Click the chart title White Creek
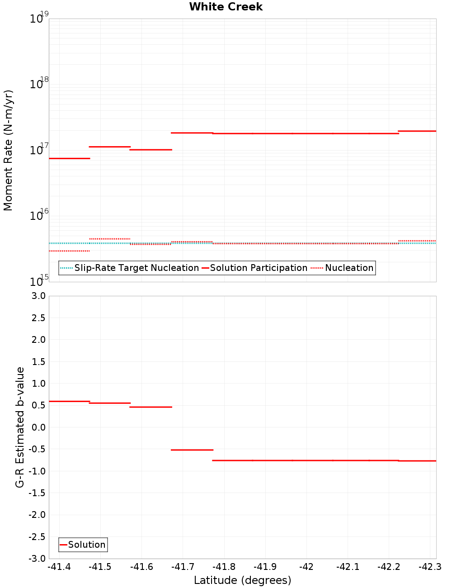(x=226, y=7)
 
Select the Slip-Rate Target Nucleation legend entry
(x=136, y=268)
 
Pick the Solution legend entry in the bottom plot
(x=86, y=545)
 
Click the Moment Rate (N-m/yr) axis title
(x=8, y=150)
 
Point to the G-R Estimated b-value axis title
(x=20, y=427)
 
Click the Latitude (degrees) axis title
(x=242, y=580)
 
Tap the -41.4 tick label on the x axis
(x=59, y=567)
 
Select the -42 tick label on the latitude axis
(x=306, y=567)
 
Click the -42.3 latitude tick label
(x=429, y=567)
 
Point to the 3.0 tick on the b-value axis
(x=37, y=296)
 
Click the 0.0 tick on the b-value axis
(x=37, y=427)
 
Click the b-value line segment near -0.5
(x=192, y=450)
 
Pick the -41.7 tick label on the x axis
(x=183, y=567)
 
